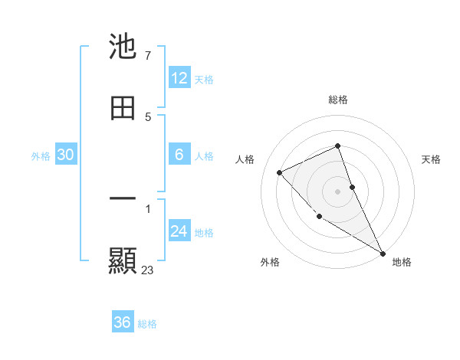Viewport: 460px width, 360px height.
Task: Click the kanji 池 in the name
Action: click(123, 47)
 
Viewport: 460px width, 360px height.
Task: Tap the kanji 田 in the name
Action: click(123, 108)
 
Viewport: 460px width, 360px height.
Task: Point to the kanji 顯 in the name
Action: click(123, 260)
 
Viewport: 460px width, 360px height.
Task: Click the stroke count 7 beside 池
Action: click(147, 56)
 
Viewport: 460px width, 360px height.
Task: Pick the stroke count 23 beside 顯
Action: click(148, 270)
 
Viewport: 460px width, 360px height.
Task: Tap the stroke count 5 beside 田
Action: click(147, 117)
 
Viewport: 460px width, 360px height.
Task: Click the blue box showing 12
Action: click(179, 78)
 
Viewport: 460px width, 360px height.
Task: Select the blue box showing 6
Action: click(179, 155)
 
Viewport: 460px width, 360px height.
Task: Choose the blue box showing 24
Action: click(179, 231)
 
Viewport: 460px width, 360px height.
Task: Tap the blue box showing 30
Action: click(66, 155)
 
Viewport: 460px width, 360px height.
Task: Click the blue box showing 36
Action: click(123, 322)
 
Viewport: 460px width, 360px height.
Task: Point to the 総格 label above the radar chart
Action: click(338, 100)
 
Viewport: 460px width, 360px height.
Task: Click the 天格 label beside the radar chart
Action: click(432, 159)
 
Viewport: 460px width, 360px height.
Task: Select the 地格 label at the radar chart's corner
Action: click(402, 262)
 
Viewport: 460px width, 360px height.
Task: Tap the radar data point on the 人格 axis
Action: click(280, 172)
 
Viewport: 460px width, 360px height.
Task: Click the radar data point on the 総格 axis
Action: click(338, 146)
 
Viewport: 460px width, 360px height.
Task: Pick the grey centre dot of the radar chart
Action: click(338, 191)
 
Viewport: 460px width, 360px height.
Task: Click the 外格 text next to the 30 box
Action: click(41, 155)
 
